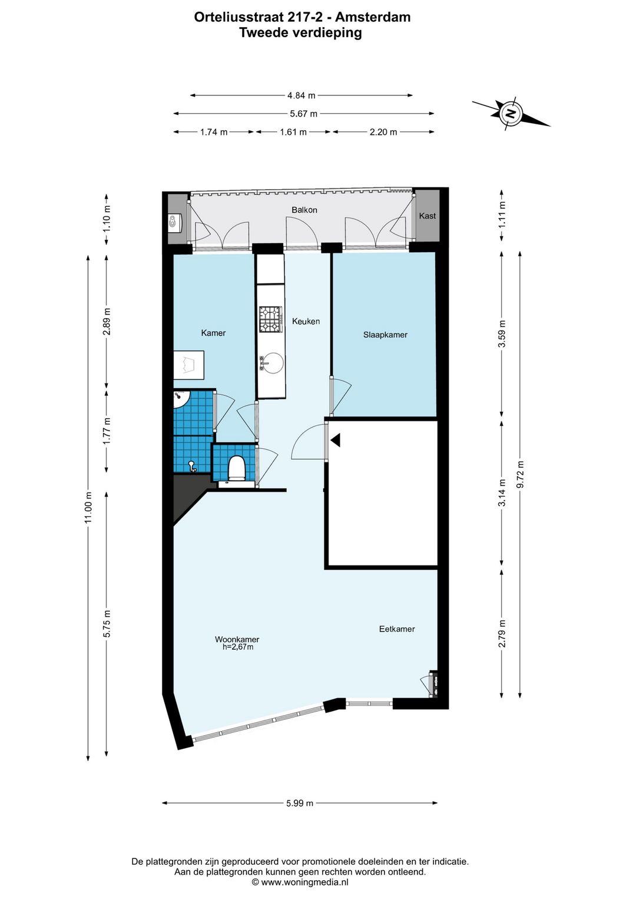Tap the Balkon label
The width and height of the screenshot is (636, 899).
pyautogui.click(x=304, y=210)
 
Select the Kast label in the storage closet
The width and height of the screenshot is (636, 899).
pyautogui.click(x=427, y=216)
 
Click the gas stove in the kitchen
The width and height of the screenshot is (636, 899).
pyautogui.click(x=270, y=319)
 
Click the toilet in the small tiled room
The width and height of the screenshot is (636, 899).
pyautogui.click(x=236, y=468)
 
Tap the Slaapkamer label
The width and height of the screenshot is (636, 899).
pyautogui.click(x=385, y=335)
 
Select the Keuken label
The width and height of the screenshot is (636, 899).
pyautogui.click(x=306, y=321)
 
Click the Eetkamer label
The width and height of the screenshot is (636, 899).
pyautogui.click(x=397, y=629)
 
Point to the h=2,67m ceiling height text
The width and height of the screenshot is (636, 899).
pyautogui.click(x=238, y=647)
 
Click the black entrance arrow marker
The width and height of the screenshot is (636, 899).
pyautogui.click(x=336, y=440)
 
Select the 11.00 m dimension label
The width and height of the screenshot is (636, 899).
pyautogui.click(x=89, y=507)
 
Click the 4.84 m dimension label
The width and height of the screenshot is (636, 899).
pyautogui.click(x=302, y=95)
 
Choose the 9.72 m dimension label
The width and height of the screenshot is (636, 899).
pyautogui.click(x=521, y=474)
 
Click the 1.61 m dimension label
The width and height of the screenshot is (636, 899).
pyautogui.click(x=293, y=132)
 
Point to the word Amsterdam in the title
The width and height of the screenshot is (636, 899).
pyautogui.click(x=373, y=17)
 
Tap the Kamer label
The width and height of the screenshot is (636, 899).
pyautogui.click(x=213, y=333)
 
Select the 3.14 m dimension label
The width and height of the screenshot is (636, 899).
pyautogui.click(x=502, y=493)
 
